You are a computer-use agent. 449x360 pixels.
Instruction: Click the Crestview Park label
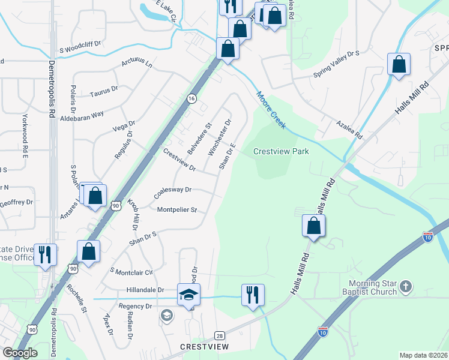pyautogui.click(x=281, y=151)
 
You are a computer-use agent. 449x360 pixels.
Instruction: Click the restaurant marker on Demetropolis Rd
pyautogui.click(x=45, y=255)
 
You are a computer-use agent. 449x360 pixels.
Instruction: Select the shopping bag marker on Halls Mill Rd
pyautogui.click(x=313, y=226)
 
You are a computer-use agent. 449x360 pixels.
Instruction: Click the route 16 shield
pyautogui.click(x=191, y=98)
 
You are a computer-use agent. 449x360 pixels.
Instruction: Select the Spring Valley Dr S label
pyautogui.click(x=336, y=64)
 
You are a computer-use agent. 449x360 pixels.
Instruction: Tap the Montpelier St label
pyautogui.click(x=177, y=210)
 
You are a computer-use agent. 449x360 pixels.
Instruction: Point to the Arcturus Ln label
pyautogui.click(x=137, y=63)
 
